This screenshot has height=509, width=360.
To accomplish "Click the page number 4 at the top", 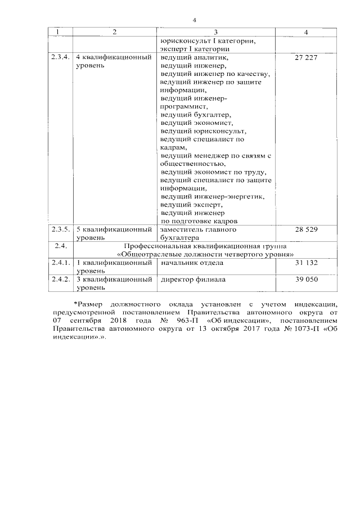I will pos(193,21).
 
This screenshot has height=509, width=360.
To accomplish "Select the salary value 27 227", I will pos(305,58).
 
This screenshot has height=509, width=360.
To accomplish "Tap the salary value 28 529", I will pos(305,230).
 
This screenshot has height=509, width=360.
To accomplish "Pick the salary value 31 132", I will pos(305,263).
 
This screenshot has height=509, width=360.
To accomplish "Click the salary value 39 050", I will pos(305,280).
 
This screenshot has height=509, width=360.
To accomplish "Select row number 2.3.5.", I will pos(60,230).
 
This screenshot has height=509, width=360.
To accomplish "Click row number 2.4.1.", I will pos(60,263).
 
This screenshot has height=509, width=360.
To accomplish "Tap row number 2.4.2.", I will pos(60,280).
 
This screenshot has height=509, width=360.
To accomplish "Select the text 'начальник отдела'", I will pos(192,263).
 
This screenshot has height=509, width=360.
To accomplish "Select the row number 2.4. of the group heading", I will pos(60,246).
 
